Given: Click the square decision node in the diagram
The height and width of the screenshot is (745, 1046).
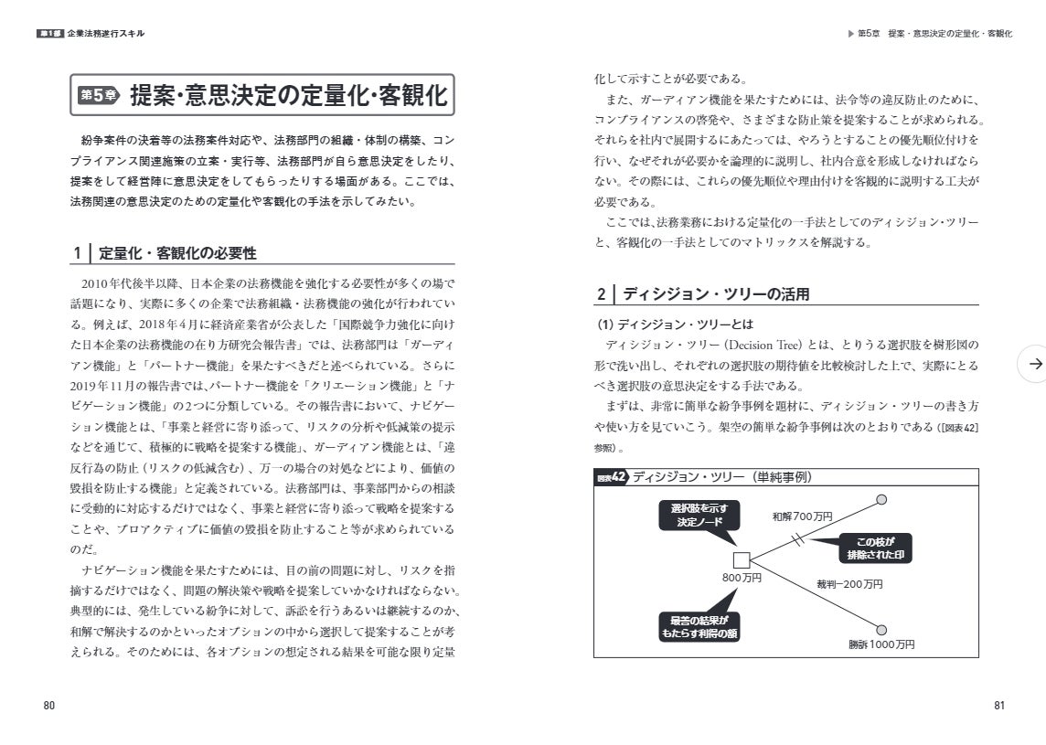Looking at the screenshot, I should click(742, 560).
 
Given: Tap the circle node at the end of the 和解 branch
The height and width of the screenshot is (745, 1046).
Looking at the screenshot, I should click(881, 499).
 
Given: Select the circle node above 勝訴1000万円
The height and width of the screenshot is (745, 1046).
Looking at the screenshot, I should click(881, 630).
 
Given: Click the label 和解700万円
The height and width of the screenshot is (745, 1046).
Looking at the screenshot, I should click(803, 517).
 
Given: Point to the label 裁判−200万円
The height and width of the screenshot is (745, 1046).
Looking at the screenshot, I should click(849, 583).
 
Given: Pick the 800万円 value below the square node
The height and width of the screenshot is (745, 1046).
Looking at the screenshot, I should click(742, 578).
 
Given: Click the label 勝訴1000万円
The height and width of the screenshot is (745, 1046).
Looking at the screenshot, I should click(881, 644).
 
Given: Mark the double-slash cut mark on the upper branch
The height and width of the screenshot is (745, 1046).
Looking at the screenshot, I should click(798, 538).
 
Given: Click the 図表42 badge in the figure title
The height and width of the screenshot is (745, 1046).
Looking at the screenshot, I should click(610, 477).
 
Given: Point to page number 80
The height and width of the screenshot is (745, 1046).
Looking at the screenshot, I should click(49, 705).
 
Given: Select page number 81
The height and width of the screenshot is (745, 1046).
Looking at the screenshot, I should click(999, 705).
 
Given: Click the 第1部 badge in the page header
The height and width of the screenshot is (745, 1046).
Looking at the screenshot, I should click(49, 34).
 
